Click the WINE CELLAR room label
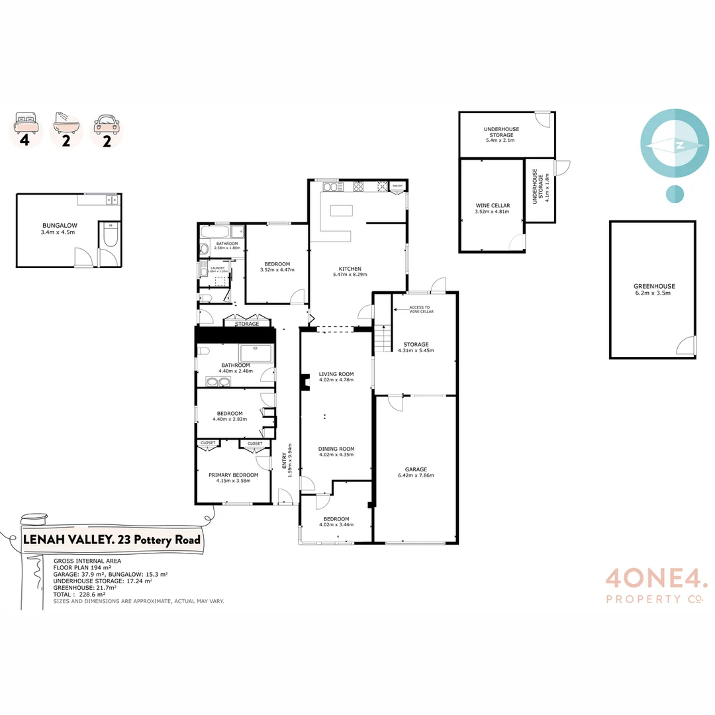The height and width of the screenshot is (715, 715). pyautogui.click(x=493, y=205)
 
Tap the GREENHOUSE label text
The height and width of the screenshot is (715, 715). pyautogui.click(x=654, y=286)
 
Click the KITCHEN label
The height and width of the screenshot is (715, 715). pyautogui.click(x=350, y=268)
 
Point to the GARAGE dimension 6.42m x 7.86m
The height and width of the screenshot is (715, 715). pyautogui.click(x=416, y=475)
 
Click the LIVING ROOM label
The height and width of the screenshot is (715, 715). pyautogui.click(x=336, y=374)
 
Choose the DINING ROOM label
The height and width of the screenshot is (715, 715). pyautogui.click(x=336, y=448)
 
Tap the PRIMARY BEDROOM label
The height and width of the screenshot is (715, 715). pyautogui.click(x=233, y=475)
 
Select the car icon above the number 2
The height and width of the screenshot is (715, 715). pyautogui.click(x=107, y=123)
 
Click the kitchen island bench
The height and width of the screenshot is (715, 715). pyautogui.click(x=340, y=211)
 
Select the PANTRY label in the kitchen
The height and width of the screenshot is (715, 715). pyautogui.click(x=397, y=187)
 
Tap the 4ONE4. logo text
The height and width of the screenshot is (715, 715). pyautogui.click(x=656, y=581)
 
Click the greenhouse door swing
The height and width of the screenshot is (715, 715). pyautogui.click(x=687, y=346)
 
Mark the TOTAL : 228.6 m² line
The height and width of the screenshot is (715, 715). pyautogui.click(x=80, y=595)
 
